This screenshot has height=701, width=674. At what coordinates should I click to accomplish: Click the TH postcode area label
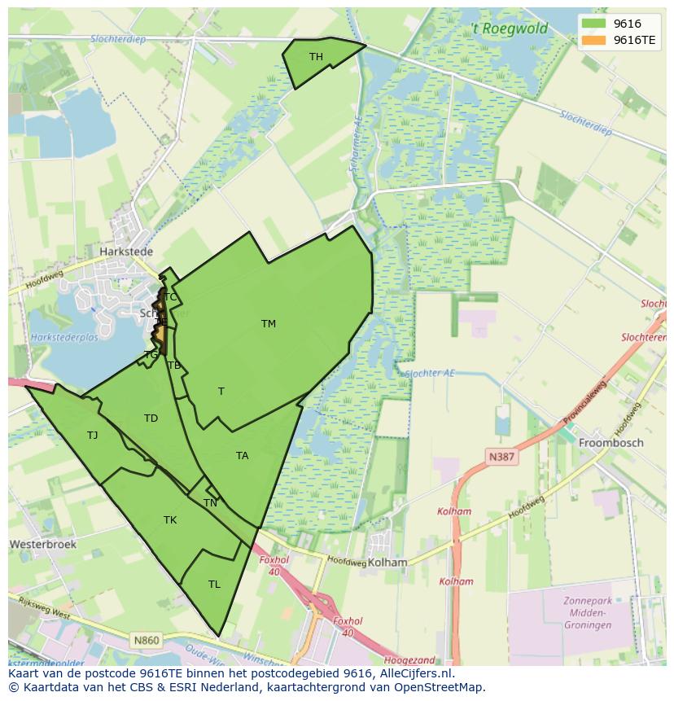coord(316,57)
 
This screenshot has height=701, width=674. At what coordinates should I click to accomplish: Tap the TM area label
coord(269,324)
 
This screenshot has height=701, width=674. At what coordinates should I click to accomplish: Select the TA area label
coord(242,456)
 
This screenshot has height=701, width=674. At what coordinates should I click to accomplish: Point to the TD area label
coord(151,418)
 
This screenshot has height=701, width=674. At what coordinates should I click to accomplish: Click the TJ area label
coord(93,436)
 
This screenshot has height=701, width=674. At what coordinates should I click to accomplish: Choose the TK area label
coord(170,520)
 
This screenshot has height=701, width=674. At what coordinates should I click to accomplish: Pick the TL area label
coord(214,585)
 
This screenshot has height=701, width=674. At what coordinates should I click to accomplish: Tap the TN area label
coord(210,503)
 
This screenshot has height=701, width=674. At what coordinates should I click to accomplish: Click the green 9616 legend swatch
coord(594,24)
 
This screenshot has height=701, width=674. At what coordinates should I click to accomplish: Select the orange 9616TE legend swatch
coord(594,40)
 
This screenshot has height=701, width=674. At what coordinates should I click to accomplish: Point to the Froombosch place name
coord(611,443)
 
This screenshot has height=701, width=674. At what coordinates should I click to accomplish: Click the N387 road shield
coord(501,457)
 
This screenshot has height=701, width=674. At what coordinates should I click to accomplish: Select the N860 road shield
coord(147,641)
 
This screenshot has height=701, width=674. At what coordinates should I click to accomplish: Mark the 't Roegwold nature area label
coord(510,29)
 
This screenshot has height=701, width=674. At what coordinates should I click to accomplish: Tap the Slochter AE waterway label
coord(429,373)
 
